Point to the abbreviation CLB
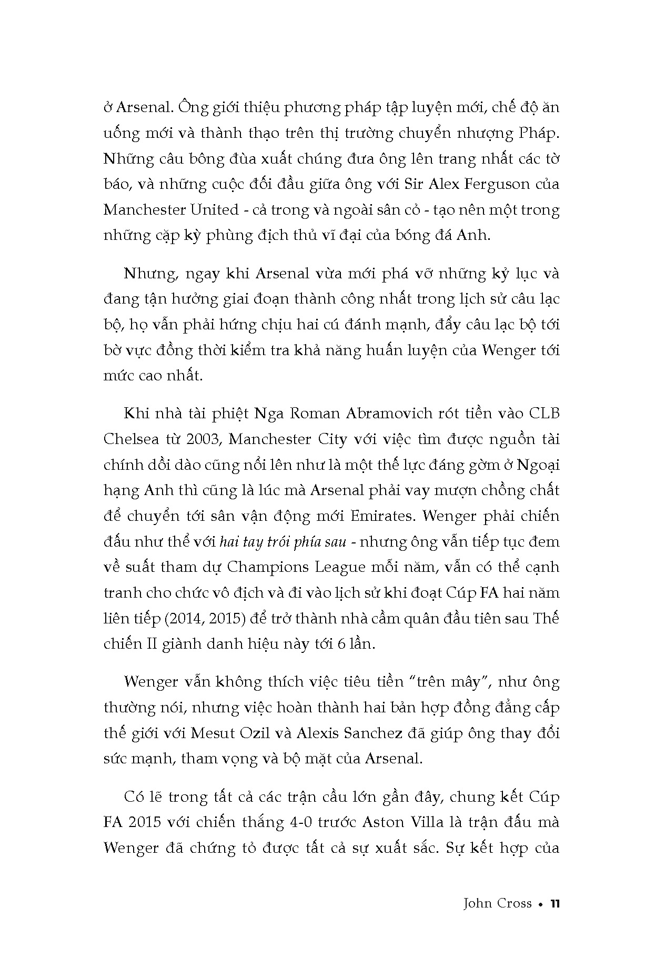544,414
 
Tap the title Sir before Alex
413,185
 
